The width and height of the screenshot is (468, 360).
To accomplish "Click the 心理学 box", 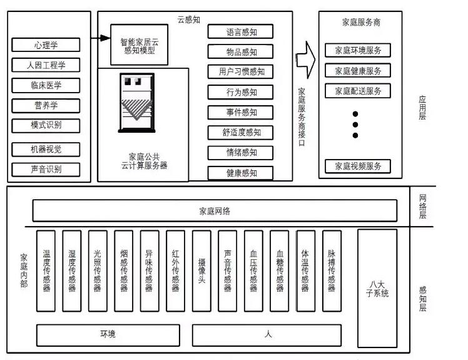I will click(46, 45).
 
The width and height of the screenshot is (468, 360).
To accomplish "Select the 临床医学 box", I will click(46, 85).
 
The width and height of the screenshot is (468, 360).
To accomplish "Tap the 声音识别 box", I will click(46, 169).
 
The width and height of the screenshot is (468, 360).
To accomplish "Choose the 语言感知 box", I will click(241, 32).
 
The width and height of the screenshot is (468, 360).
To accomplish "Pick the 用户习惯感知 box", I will click(241, 72).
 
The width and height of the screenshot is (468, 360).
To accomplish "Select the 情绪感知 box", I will click(241, 152).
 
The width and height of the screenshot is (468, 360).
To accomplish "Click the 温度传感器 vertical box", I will click(46, 270).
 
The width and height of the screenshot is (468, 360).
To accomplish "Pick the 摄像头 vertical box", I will click(201, 270).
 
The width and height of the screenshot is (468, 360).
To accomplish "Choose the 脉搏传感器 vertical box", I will click(332, 270).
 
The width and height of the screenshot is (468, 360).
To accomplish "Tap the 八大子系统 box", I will click(377, 288).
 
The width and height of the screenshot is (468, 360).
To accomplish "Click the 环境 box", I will click(108, 335).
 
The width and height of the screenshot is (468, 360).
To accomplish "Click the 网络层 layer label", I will click(422, 207).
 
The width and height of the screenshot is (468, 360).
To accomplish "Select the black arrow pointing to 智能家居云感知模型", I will click(100, 39).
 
